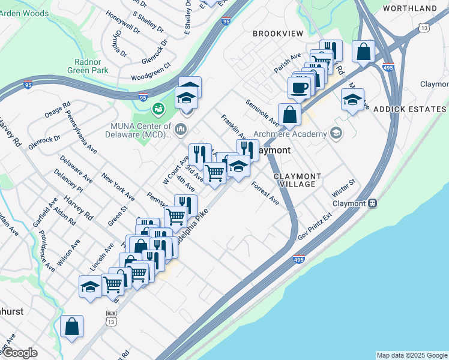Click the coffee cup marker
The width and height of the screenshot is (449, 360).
coord(299,88)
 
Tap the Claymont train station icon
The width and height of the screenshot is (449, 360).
coord(373,203)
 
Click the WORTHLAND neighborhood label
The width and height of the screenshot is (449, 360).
coord(409,8)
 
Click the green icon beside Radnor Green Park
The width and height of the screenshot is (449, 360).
coord(158,109)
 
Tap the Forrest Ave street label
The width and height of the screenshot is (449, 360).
coord(265,193)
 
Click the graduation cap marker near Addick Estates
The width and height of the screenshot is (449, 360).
coord(352,100)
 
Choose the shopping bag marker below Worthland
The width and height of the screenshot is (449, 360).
coord(364,52)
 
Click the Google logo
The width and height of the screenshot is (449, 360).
coord(20,353)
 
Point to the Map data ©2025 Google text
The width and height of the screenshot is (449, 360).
coord(411,355)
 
